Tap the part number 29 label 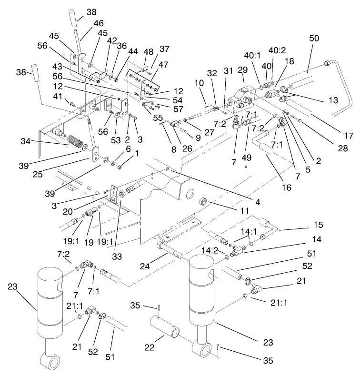click(243, 70)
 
